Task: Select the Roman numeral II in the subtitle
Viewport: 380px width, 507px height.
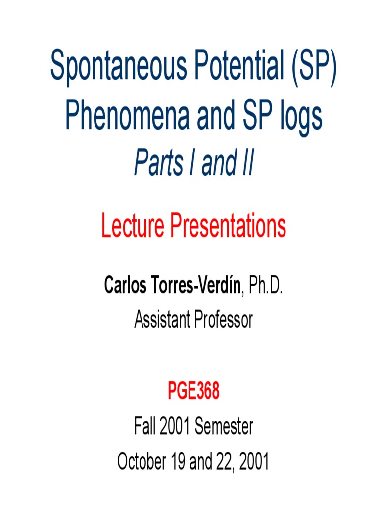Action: pos(247,164)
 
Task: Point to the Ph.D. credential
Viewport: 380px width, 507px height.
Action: pos(266,286)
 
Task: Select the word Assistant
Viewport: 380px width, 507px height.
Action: pos(161,320)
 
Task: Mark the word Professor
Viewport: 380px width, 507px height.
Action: pos(223,320)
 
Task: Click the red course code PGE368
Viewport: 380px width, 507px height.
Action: pos(193,393)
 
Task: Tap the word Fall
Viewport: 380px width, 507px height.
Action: pos(145,427)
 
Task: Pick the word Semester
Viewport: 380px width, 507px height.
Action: pos(224,427)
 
